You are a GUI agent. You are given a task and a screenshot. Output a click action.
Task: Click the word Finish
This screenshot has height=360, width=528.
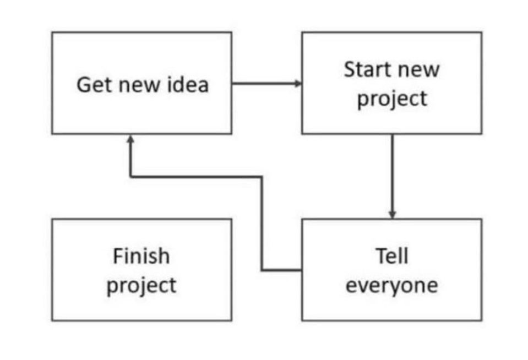click(141, 256)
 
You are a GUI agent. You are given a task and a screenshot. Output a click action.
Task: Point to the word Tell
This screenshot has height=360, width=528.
click(392, 256)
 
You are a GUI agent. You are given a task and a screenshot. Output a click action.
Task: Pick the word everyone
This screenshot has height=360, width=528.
click(392, 286)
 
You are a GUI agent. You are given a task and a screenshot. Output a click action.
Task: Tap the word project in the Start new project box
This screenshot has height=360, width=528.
click(393, 100)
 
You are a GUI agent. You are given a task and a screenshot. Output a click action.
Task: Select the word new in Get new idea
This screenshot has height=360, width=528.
click(139, 85)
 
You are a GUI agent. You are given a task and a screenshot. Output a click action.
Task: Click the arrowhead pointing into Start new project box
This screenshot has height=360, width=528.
click(298, 83)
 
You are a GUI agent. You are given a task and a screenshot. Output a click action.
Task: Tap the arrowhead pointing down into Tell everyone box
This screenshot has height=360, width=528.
click(393, 214)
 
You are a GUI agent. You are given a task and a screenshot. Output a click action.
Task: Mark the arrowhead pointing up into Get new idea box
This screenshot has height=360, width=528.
click(130, 139)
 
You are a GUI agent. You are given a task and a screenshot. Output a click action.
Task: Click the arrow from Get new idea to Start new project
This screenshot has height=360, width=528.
click(267, 83)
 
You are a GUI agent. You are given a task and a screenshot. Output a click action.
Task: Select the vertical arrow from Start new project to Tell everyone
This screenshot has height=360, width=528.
click(393, 177)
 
